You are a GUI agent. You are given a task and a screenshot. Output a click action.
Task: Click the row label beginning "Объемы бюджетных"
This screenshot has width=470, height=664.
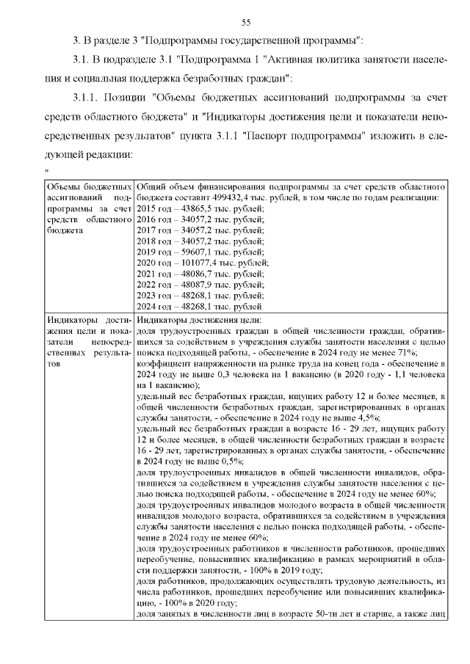pos(89,186)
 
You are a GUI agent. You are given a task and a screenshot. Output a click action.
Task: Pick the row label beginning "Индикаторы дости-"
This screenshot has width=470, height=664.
pos(89,320)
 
